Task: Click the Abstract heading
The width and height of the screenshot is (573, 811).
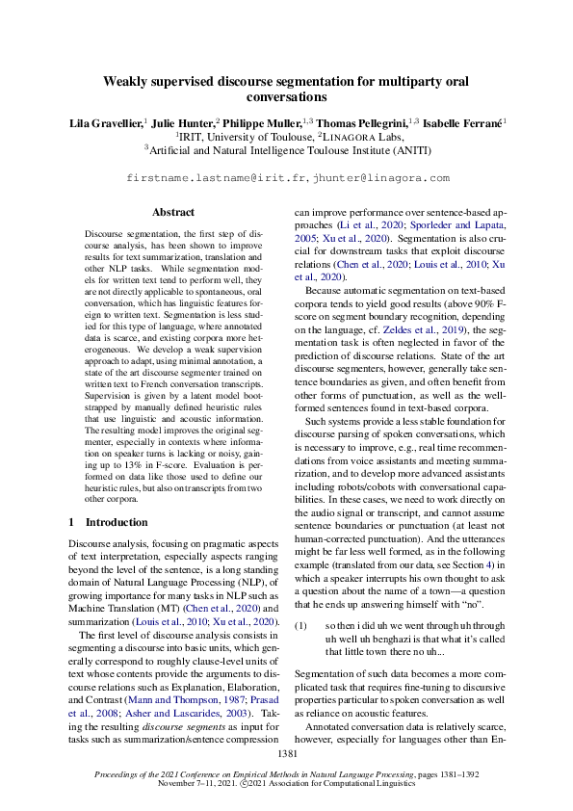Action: click(173, 212)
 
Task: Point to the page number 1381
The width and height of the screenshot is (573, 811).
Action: click(286, 752)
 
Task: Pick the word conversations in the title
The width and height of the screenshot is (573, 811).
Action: click(286, 98)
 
